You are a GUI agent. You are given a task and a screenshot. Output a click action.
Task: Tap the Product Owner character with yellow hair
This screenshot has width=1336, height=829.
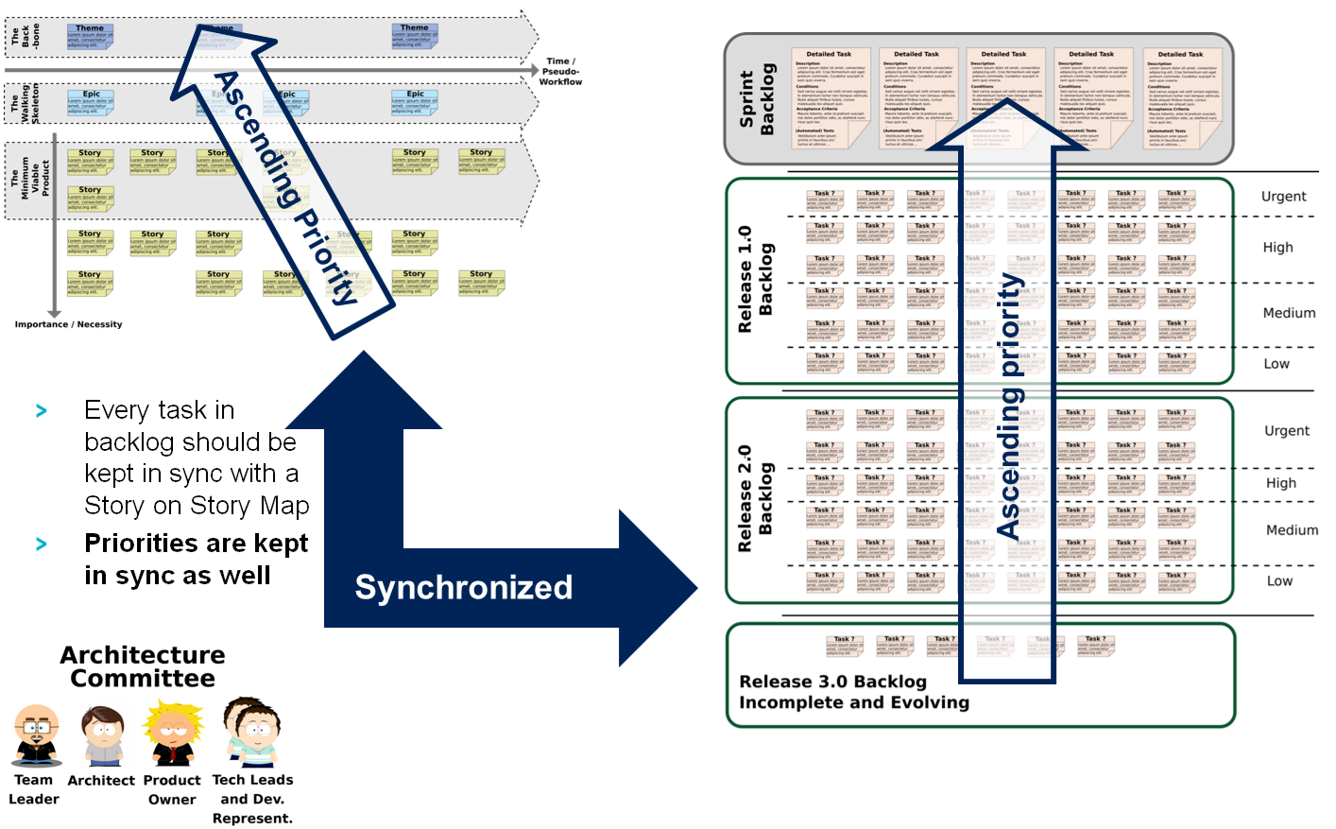(173, 734)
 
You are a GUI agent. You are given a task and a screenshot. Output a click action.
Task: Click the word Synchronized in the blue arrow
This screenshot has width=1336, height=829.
(463, 587)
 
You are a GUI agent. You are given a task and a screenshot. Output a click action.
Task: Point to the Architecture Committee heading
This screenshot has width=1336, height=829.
(143, 666)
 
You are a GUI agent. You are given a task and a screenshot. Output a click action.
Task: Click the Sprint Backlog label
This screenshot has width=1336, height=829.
(757, 98)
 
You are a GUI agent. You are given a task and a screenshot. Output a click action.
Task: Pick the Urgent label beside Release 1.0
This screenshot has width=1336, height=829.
(1283, 197)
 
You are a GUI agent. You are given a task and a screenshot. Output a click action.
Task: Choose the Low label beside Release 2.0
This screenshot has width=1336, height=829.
(1279, 581)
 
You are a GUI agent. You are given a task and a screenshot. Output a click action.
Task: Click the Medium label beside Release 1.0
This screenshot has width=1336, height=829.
(1289, 313)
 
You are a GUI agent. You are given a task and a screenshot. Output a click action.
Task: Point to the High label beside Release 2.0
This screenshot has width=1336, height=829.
(1281, 483)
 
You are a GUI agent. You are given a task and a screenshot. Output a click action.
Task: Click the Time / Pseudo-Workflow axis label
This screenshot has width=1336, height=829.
(560, 72)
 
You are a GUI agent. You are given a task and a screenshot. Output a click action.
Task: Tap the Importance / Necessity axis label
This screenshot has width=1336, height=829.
(68, 324)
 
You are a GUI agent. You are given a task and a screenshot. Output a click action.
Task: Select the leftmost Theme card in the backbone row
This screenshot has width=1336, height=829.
(90, 36)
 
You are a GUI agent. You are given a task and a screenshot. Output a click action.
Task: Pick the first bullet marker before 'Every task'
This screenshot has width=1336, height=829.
(42, 411)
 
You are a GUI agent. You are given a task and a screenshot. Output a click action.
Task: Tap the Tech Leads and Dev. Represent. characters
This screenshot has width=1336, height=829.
(253, 733)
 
